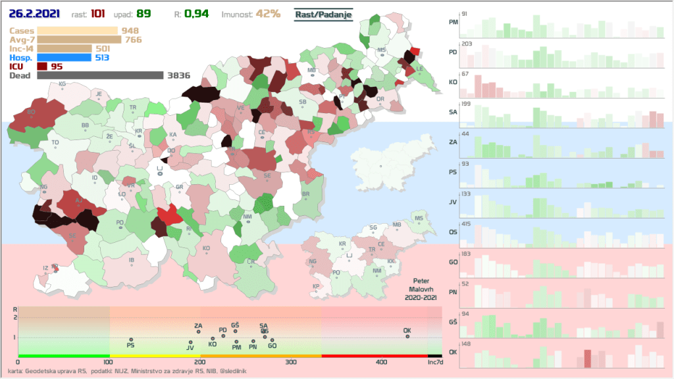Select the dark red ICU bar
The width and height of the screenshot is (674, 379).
pos(42,66)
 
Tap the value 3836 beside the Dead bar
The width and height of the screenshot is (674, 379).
pos(179,76)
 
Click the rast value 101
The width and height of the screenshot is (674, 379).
pos(97,14)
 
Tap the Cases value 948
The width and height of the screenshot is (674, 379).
pos(130,30)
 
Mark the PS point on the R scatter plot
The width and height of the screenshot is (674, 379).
pos(131,340)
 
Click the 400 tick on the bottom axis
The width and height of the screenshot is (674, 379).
pos(381,362)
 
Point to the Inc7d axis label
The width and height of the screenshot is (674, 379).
pos(435,362)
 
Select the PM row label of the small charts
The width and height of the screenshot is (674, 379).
pos(453,23)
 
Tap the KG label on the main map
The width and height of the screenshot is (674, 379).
pos(63,84)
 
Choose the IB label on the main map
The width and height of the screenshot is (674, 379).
pos(132,261)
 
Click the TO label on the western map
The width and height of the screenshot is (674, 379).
pos(55,142)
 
